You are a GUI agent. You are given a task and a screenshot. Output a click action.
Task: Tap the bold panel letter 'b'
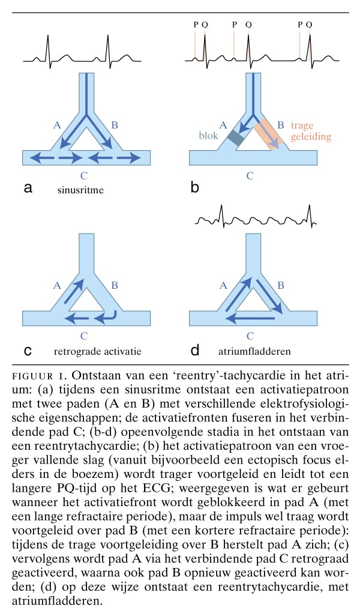[195, 188]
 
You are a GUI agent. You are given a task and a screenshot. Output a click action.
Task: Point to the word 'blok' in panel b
[209, 135]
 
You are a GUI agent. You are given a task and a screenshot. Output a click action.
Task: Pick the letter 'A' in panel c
[57, 288]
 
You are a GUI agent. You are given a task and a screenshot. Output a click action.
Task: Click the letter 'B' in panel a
[115, 125]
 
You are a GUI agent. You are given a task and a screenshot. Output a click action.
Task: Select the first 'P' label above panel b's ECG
[196, 25]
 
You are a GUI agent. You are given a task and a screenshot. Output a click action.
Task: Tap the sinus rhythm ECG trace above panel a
[82, 54]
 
